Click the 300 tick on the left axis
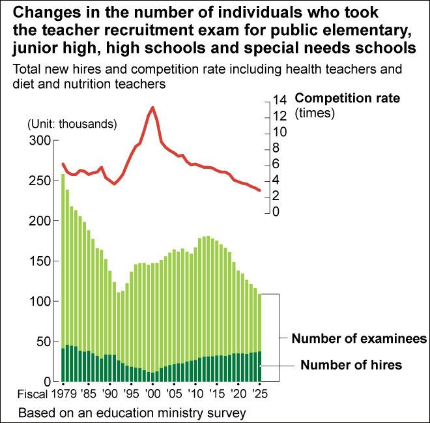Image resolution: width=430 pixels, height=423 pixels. (x=40, y=141)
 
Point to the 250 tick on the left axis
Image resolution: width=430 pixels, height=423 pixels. (x=40, y=181)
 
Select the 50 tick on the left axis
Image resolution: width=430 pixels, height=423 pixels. (x=43, y=342)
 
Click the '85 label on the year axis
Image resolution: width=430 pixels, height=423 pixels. (x=88, y=394)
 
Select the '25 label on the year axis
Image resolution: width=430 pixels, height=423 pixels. (x=259, y=394)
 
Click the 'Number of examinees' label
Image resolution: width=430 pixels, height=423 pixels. (x=359, y=339)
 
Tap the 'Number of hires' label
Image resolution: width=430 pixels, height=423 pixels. (x=351, y=365)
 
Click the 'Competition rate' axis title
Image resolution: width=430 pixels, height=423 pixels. (x=347, y=98)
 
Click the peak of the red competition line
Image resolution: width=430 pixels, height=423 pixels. (x=152, y=108)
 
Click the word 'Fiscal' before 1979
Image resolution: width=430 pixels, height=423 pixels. (x=33, y=394)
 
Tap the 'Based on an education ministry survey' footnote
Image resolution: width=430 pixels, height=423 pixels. (x=133, y=413)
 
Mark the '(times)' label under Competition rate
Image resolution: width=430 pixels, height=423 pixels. (x=315, y=113)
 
